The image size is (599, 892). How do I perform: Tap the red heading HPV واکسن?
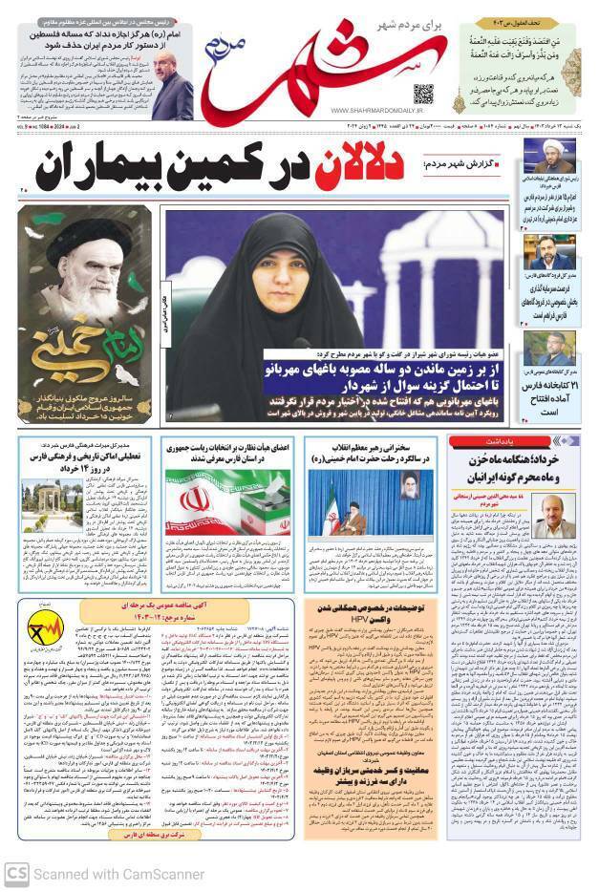pos(376,620)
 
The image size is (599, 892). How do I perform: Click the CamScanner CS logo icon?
pos(15,873)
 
